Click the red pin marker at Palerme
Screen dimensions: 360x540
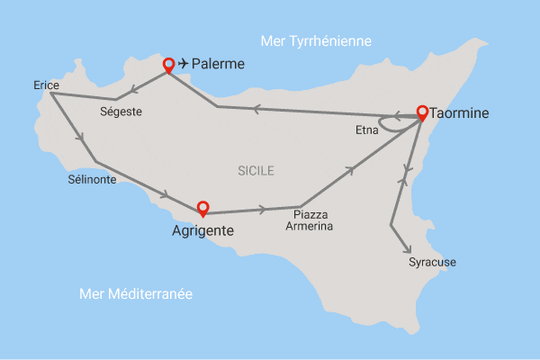pyautogui.click(x=167, y=65)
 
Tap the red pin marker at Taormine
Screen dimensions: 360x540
pyautogui.click(x=422, y=112)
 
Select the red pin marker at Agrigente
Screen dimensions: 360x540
pyautogui.click(x=202, y=208)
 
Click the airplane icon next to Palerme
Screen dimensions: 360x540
pyautogui.click(x=185, y=64)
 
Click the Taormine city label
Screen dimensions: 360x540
pyautogui.click(x=461, y=114)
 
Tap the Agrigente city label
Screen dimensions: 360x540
pyautogui.click(x=202, y=230)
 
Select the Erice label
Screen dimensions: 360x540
pyautogui.click(x=45, y=85)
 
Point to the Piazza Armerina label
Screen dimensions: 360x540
pyautogui.click(x=310, y=220)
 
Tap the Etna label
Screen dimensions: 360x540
pyautogui.click(x=366, y=130)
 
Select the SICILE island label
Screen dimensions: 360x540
pyautogui.click(x=256, y=170)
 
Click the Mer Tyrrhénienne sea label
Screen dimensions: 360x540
pyautogui.click(x=315, y=41)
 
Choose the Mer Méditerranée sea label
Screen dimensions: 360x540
pyautogui.click(x=136, y=294)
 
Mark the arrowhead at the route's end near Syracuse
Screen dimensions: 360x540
pyautogui.click(x=408, y=249)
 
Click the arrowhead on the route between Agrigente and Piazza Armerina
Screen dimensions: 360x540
pyautogui.click(x=262, y=210)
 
